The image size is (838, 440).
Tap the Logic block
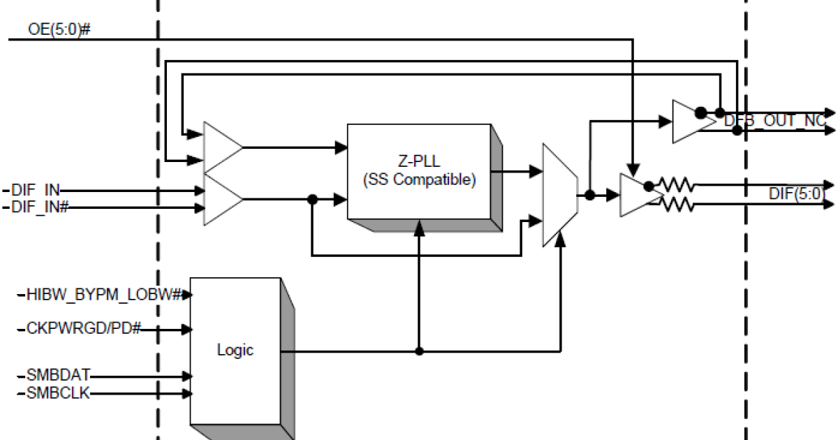click(x=235, y=350)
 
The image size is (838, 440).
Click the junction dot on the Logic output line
click(x=419, y=351)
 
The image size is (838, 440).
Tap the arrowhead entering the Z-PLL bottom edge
click(x=419, y=225)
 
